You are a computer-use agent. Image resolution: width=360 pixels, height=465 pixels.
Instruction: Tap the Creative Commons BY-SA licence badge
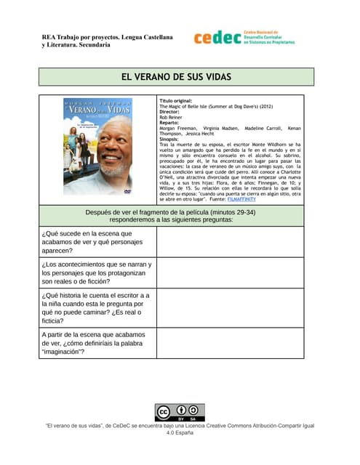coord(180,412)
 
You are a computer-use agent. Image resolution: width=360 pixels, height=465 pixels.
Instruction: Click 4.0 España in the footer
coord(180,432)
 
